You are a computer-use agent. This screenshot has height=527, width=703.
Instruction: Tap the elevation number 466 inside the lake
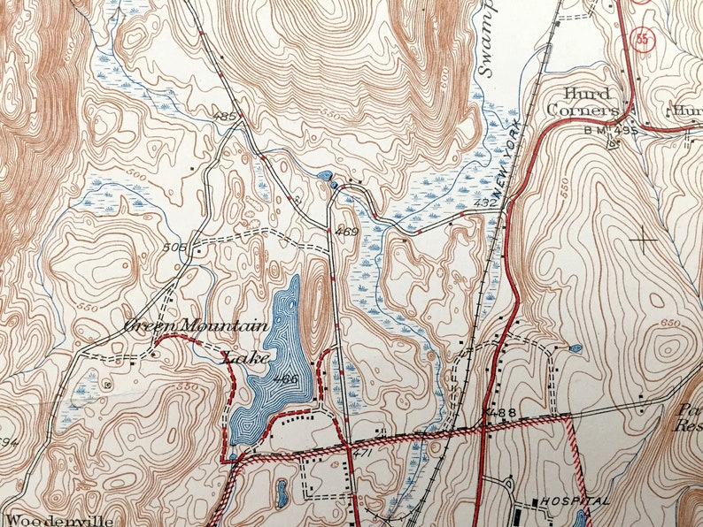(285, 379)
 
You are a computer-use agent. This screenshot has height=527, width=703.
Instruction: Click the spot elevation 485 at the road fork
(226, 116)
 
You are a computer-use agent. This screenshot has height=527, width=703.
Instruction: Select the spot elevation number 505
(176, 248)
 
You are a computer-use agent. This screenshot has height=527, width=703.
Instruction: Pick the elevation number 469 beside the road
(347, 233)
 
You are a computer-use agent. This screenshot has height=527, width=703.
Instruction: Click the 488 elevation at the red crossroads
(500, 413)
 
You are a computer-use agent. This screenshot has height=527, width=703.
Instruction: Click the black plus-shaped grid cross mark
(643, 239)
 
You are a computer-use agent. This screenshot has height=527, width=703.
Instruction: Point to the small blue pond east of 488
(576, 348)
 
